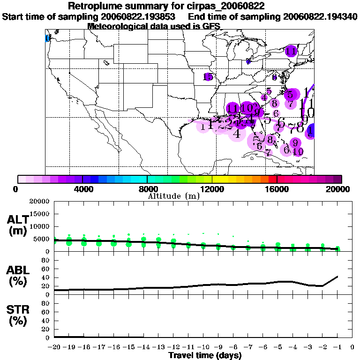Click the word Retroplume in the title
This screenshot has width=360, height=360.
(92, 6)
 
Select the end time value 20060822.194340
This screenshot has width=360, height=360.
(320, 16)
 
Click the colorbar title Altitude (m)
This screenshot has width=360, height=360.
(173, 195)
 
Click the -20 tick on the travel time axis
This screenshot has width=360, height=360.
(54, 347)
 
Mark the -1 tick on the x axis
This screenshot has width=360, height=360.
(337, 347)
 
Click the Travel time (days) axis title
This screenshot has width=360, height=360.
(205, 355)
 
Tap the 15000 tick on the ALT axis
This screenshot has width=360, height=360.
(40, 214)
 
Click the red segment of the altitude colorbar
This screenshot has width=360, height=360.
(273, 179)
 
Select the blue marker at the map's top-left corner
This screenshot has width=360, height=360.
(47, 38)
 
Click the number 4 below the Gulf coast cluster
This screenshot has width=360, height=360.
(237, 134)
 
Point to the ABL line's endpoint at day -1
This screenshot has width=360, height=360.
(338, 277)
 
